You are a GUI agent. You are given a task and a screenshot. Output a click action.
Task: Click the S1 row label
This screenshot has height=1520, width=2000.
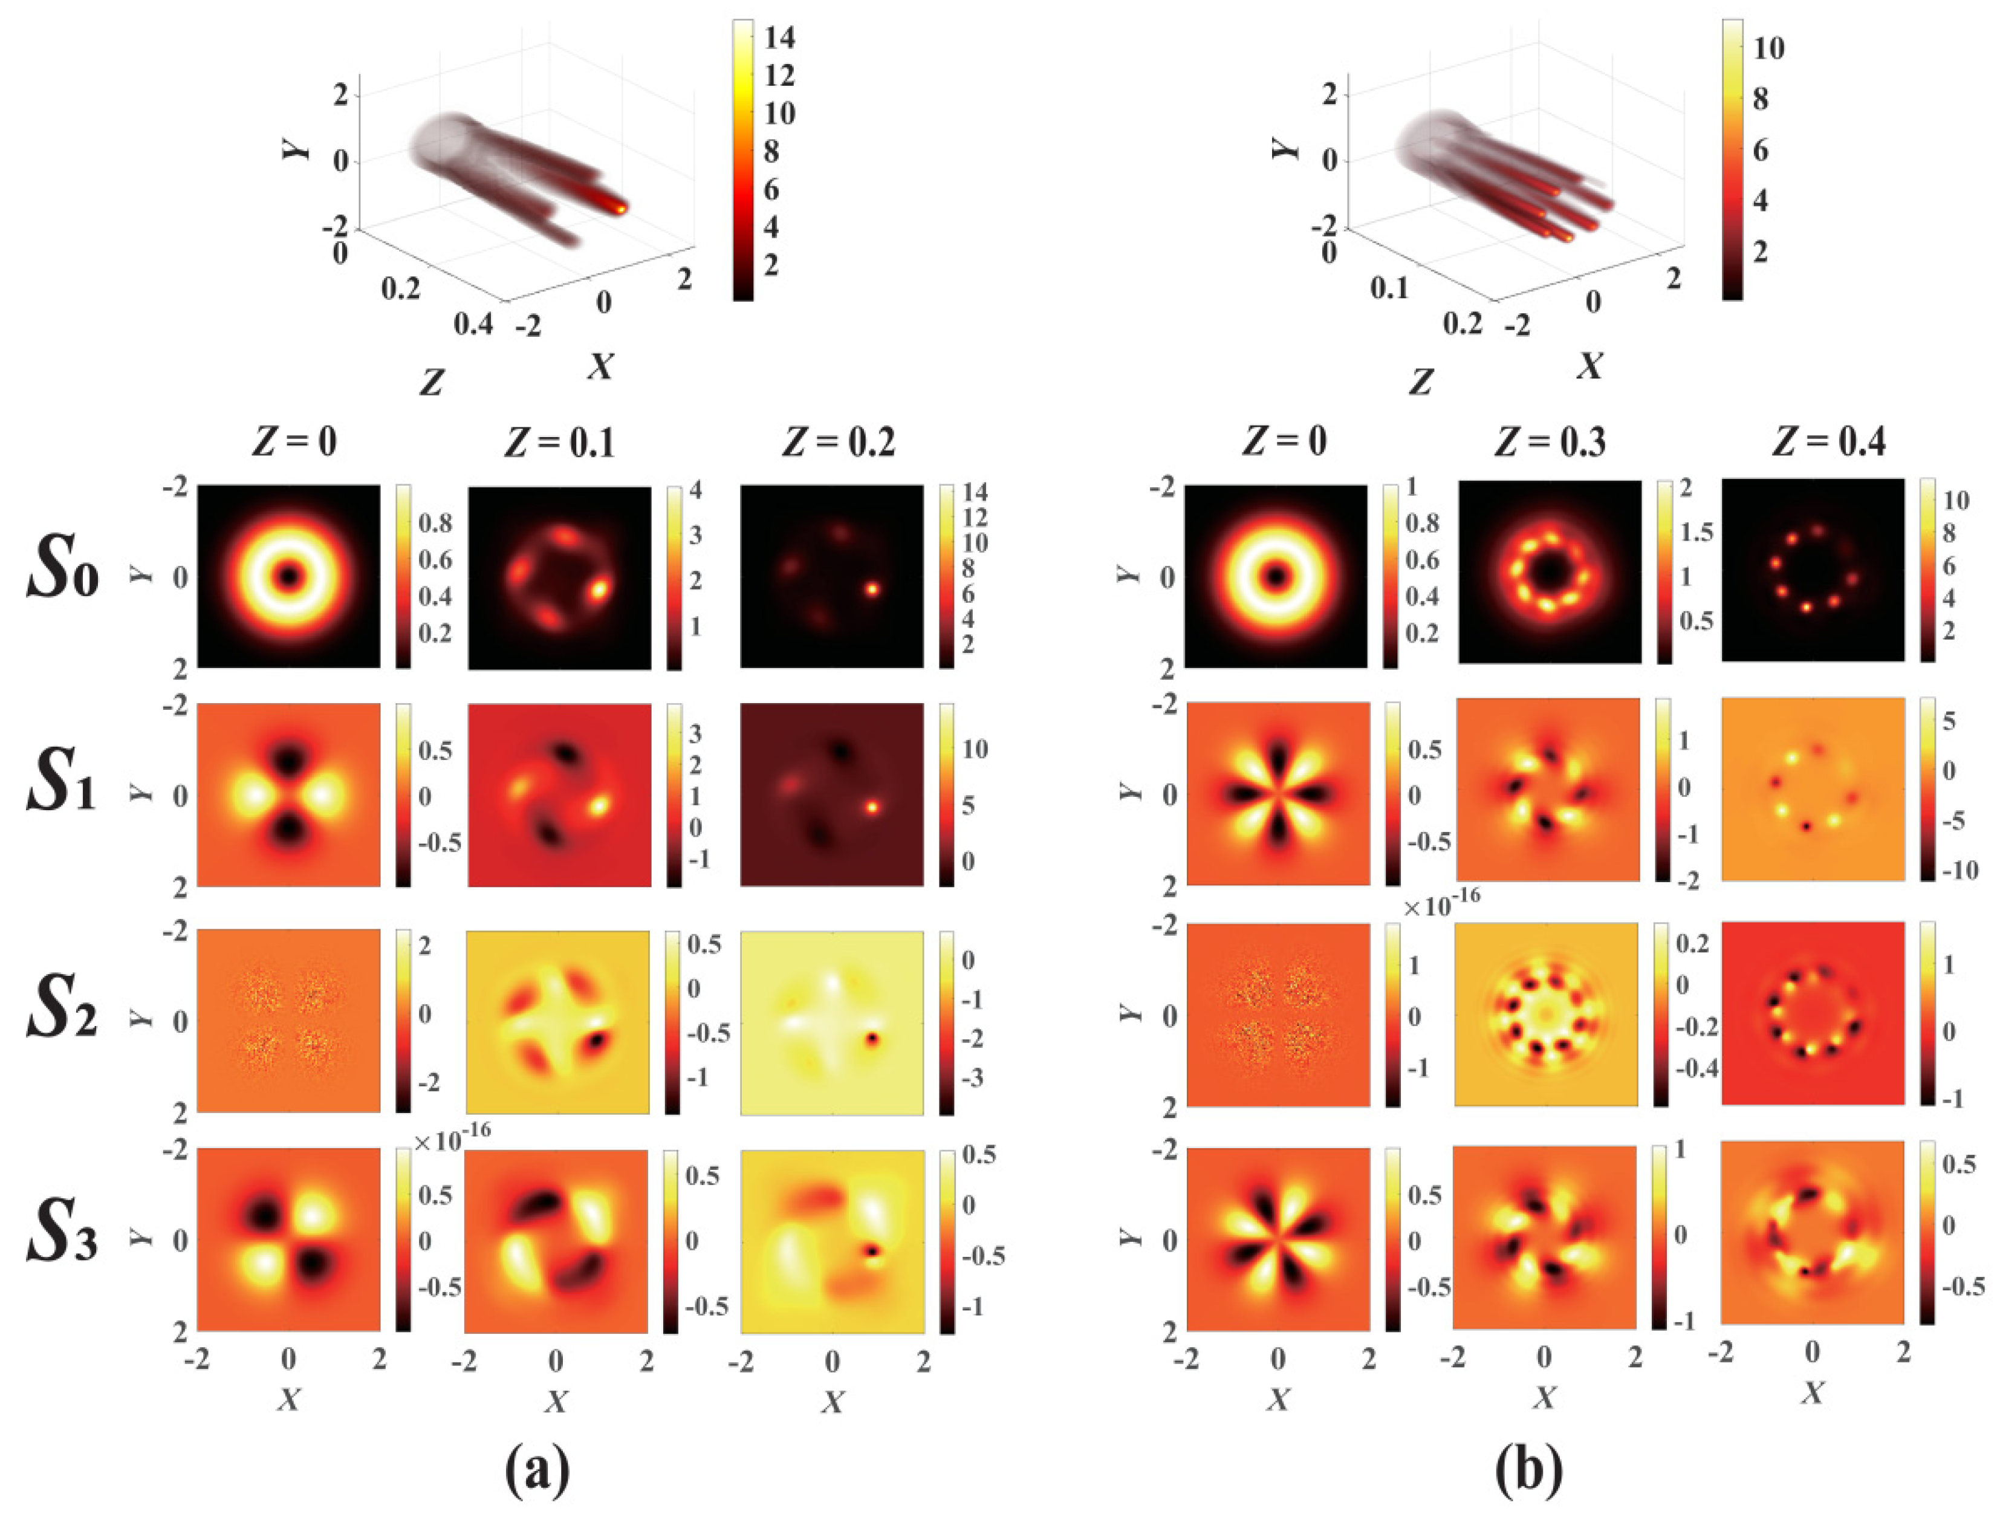coord(62,785)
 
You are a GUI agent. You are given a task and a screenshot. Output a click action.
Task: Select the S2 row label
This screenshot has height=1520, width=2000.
coord(62,1012)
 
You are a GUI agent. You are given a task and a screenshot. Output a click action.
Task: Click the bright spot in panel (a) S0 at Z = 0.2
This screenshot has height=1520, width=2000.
coord(872,588)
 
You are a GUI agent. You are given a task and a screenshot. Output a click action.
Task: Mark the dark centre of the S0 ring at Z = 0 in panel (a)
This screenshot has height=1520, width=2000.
coord(288,576)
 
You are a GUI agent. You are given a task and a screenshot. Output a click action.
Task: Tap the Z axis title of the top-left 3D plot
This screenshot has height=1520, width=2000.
coord(432,382)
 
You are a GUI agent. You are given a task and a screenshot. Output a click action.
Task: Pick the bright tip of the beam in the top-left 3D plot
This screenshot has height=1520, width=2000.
coord(622,209)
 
